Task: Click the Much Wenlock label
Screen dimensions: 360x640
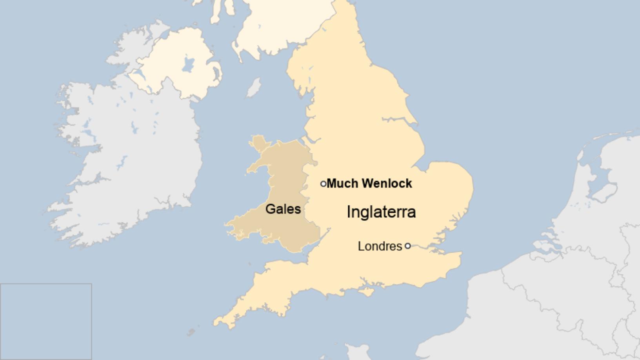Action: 369,183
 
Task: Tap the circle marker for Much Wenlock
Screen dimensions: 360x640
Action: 323,184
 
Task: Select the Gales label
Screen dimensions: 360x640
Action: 283,209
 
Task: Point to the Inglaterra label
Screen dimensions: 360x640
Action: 381,212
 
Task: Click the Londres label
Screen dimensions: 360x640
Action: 380,246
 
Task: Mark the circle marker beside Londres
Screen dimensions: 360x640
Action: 407,246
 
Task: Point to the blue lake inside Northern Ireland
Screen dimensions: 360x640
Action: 189,64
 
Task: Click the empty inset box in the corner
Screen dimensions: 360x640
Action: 46,321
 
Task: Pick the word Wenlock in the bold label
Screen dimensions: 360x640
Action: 387,183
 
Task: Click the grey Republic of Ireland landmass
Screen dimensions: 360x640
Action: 129,157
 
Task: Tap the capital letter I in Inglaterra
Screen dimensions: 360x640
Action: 349,212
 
